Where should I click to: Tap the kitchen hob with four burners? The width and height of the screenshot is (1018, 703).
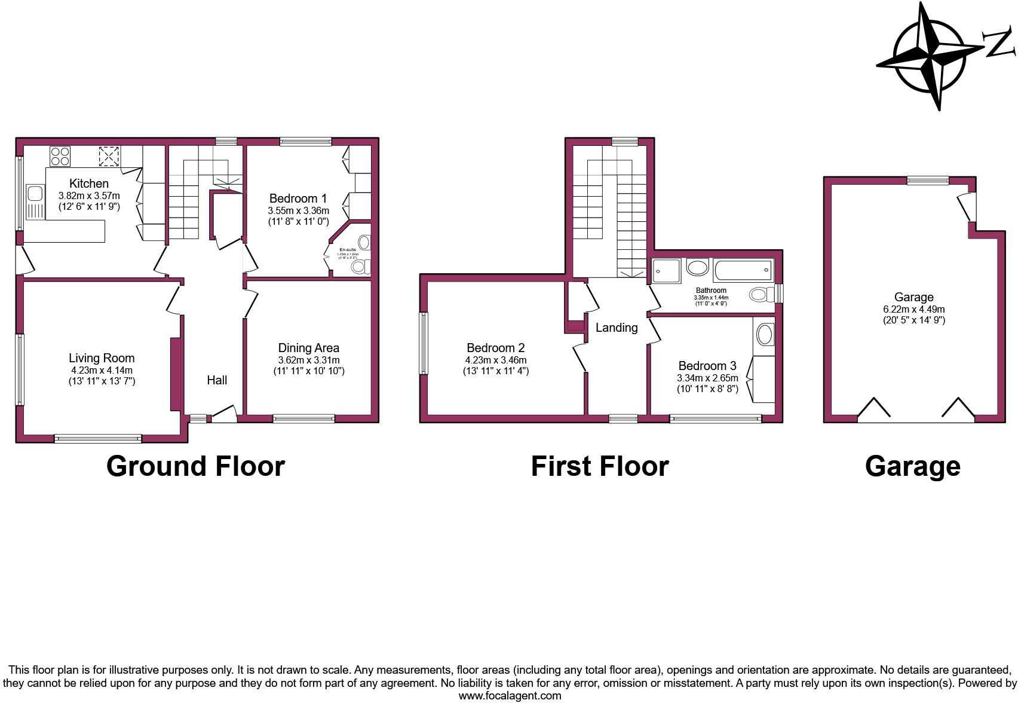60,156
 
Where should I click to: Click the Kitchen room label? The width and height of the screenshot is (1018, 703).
89,184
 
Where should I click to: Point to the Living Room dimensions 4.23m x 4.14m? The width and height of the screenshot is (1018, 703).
102,370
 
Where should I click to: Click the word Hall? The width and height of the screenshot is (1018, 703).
217,380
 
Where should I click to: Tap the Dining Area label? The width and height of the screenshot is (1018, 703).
308,348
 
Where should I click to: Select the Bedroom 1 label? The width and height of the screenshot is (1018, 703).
298,198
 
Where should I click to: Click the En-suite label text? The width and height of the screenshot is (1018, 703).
347,250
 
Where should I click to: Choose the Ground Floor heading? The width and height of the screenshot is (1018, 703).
195,466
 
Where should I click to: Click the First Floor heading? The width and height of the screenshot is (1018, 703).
600,466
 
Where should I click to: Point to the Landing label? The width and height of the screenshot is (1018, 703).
617,328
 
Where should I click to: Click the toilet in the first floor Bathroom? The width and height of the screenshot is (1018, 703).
759,294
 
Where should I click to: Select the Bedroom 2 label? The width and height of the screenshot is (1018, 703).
495,348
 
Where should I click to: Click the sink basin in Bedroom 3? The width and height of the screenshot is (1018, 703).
765,335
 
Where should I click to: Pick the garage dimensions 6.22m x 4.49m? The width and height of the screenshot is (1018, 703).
914,309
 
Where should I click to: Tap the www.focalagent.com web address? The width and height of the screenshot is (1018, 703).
510,696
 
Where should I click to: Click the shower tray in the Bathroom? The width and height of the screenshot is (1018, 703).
666,270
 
